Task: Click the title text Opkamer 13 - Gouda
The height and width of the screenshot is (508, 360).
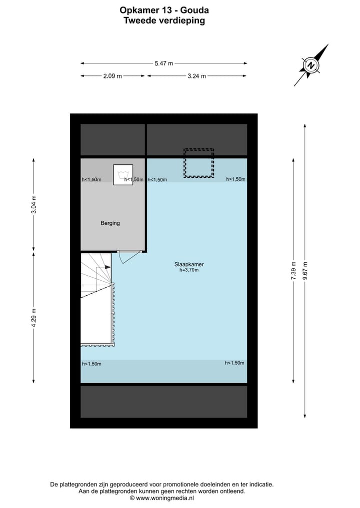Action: [x=164, y=10]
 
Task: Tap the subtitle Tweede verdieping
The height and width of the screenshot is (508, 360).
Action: [x=164, y=21]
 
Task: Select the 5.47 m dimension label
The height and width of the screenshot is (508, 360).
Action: [x=163, y=63]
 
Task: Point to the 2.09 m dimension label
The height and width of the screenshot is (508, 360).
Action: [x=112, y=76]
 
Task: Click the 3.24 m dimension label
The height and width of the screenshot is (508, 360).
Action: [x=196, y=76]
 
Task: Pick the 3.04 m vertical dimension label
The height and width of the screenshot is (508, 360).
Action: [x=34, y=205]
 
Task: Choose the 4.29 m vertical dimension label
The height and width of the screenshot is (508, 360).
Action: [x=34, y=318]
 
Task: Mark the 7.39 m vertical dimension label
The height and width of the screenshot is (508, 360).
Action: [x=294, y=271]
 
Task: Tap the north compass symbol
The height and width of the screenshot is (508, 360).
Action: [x=311, y=65]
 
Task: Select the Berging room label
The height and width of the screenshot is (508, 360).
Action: [x=110, y=223]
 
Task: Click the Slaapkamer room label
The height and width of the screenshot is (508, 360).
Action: [x=189, y=264]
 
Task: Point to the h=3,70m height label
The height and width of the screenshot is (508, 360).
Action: [x=189, y=270]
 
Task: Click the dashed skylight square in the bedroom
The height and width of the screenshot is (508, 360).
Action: [x=198, y=163]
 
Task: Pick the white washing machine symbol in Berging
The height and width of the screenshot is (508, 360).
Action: [x=123, y=175]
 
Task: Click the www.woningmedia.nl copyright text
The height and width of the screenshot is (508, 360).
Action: [x=162, y=498]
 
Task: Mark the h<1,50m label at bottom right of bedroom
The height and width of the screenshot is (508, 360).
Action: [x=234, y=363]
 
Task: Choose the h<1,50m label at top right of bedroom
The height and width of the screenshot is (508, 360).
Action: [x=236, y=179]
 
